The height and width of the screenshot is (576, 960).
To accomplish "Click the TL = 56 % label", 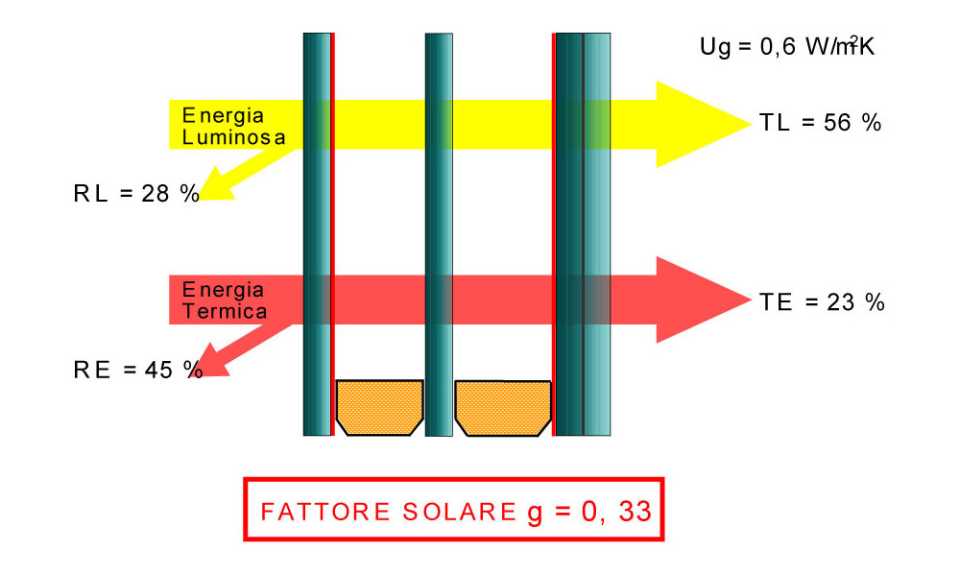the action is click(820, 123).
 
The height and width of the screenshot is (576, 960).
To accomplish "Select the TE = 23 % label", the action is click(822, 302).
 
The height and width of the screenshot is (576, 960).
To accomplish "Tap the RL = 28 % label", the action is click(136, 193).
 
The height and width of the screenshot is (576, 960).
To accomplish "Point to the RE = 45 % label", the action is click(138, 370).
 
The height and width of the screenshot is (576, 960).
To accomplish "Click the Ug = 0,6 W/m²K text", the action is click(787, 46).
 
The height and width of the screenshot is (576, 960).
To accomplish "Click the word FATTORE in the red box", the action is click(325, 512).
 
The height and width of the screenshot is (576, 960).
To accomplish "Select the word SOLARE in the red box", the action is click(459, 512).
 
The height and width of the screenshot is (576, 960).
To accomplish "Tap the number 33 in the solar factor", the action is click(635, 511).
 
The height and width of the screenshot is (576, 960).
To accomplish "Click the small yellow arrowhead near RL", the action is click(214, 185).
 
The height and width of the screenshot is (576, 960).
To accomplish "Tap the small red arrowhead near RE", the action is click(211, 362).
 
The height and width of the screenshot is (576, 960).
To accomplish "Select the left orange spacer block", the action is click(379, 408).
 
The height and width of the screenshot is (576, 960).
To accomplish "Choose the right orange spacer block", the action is click(503, 408).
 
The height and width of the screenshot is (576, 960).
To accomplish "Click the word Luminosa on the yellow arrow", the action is click(234, 137).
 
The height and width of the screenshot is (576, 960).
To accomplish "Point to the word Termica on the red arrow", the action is click(225, 312).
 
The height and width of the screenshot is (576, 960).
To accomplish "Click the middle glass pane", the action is click(439, 234).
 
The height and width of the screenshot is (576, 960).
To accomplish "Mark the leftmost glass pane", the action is click(317, 234).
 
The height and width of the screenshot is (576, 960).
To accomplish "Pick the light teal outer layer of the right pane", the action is click(597, 234).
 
